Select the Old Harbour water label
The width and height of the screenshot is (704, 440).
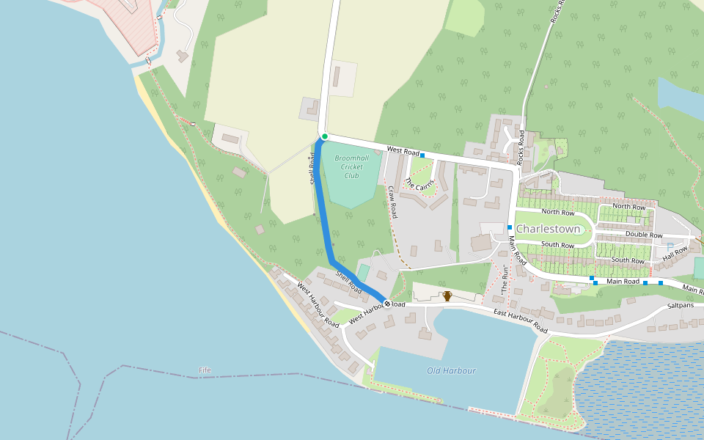[x=451, y=370]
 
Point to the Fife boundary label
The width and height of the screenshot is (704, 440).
[x=205, y=370]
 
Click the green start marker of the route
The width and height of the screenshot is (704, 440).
[x=324, y=136]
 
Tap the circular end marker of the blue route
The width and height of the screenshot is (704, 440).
[x=387, y=304]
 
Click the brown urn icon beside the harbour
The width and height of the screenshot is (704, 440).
[x=447, y=296]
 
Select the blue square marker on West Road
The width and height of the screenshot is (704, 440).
[x=422, y=155]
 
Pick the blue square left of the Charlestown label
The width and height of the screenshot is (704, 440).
[x=510, y=227]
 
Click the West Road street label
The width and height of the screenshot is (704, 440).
[x=402, y=150]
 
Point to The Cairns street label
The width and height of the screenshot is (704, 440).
[x=419, y=184]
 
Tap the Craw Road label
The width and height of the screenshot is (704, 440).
[x=392, y=202]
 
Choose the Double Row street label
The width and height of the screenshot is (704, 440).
[x=644, y=235]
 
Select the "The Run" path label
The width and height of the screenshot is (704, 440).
[x=504, y=279]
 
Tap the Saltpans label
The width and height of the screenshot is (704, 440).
[x=680, y=306]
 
